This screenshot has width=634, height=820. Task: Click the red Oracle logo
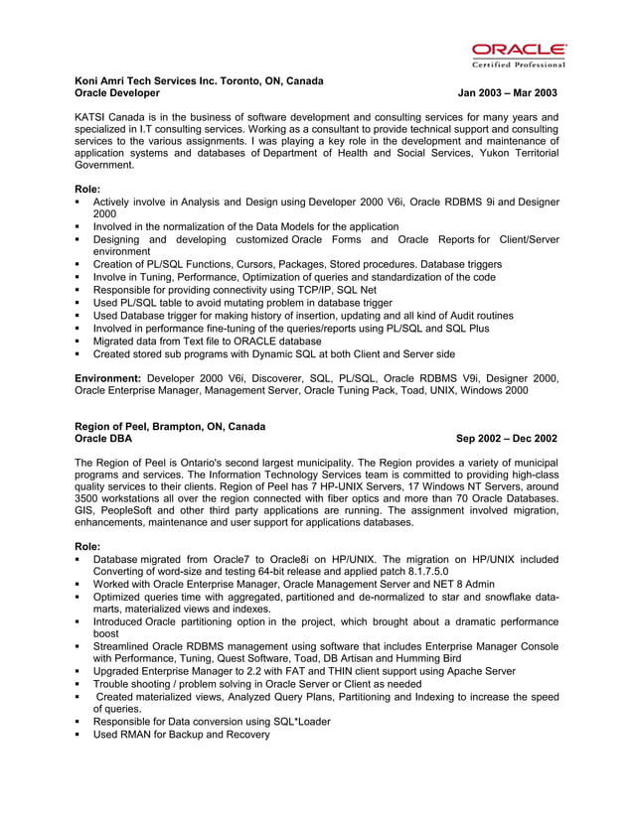[x=519, y=50]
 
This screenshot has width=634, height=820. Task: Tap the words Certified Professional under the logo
[x=519, y=65]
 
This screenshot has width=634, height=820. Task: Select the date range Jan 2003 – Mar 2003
[x=507, y=92]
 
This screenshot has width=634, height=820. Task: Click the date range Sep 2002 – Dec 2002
[x=506, y=438]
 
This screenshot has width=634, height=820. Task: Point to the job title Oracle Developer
[x=117, y=92]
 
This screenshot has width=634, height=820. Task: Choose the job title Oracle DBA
[x=103, y=438]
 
